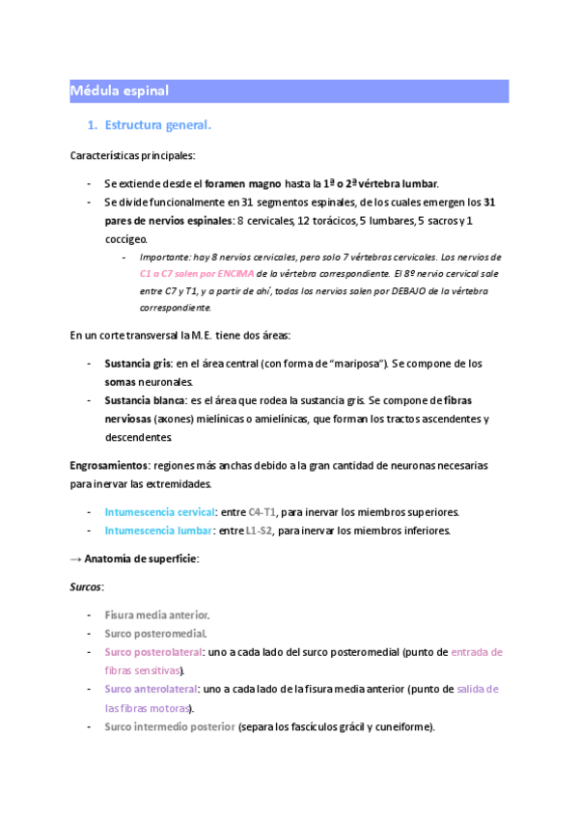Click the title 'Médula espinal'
(x=120, y=91)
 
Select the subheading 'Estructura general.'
(x=157, y=125)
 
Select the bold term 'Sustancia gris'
(x=138, y=364)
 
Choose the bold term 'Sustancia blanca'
(x=145, y=400)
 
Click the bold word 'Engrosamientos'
(x=109, y=465)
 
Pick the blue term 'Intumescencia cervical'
(x=159, y=511)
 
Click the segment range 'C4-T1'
(x=262, y=511)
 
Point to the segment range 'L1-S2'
(x=259, y=531)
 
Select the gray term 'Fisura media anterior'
(x=156, y=614)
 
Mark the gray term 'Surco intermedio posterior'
(x=170, y=726)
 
